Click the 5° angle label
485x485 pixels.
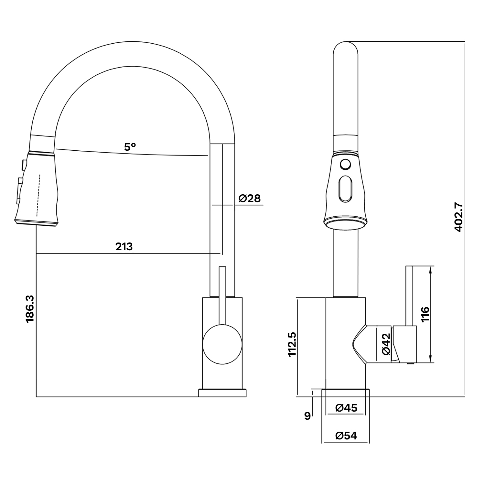click(x=130, y=147)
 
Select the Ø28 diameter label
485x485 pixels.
click(x=250, y=198)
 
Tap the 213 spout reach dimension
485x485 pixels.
click(x=124, y=247)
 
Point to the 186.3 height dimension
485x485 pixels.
click(x=30, y=308)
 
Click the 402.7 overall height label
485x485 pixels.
click(x=459, y=217)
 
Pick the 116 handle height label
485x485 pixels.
click(x=425, y=314)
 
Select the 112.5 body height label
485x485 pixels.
click(x=292, y=344)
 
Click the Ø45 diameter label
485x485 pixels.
click(x=346, y=408)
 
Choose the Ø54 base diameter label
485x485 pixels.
click(x=346, y=436)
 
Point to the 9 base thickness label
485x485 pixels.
click(x=307, y=415)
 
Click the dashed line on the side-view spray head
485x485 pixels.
click(x=39, y=195)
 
